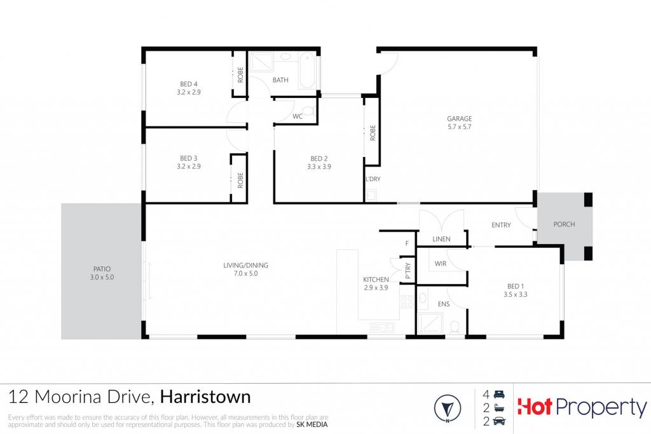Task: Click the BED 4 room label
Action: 188,84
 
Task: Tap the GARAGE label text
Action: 459,119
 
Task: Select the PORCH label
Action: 565,224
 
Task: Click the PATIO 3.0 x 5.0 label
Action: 102,273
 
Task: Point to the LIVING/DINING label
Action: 246,265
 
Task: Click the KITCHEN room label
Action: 376,280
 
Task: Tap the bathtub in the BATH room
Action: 308,71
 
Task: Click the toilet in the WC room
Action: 308,111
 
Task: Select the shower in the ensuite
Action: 430,323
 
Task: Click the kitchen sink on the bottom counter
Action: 381,328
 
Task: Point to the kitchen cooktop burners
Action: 407,302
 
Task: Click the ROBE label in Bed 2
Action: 373,133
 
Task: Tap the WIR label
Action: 441,264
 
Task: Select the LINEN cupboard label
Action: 441,239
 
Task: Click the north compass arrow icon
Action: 448,409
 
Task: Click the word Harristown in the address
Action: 205,397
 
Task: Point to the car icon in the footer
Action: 499,421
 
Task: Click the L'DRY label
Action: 373,179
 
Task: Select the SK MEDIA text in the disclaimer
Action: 312,424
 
